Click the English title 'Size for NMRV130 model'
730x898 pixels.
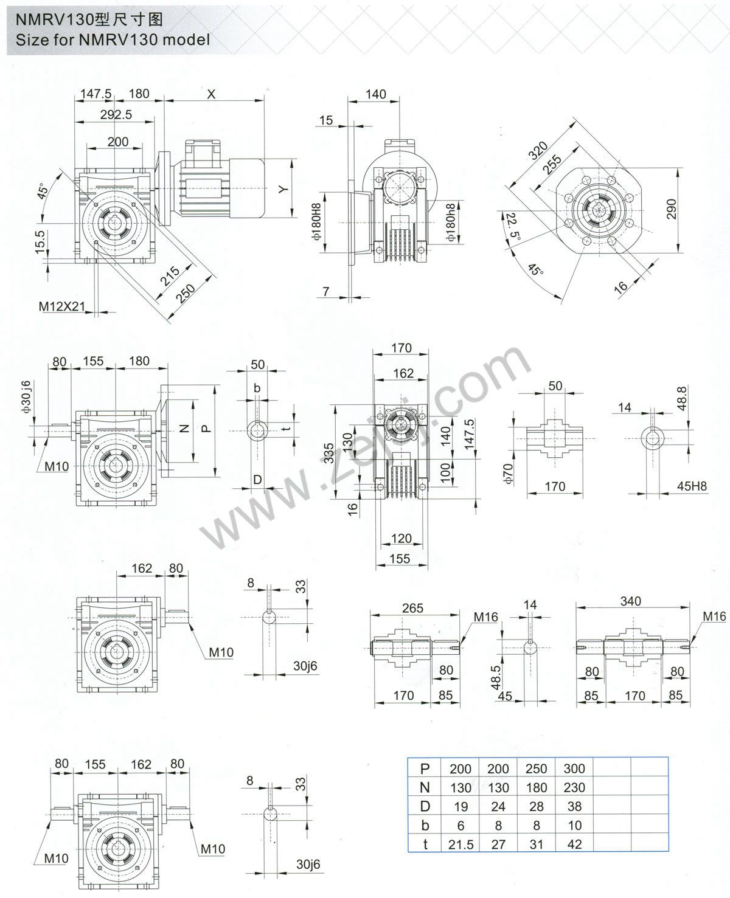110,40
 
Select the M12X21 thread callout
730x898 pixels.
62,306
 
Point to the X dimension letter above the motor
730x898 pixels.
211,94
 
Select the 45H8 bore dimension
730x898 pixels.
692,486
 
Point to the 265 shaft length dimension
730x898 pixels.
412,607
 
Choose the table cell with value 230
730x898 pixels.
574,787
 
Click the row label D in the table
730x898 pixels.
425,806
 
